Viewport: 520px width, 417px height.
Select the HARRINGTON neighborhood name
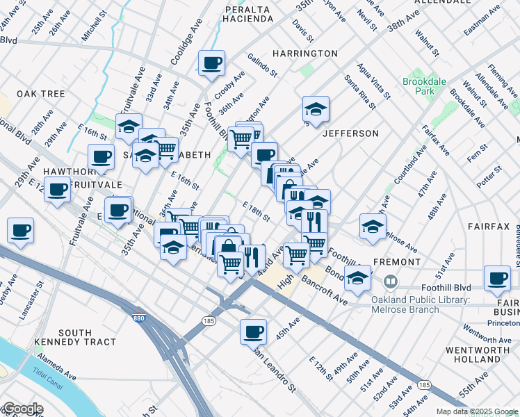[305, 54]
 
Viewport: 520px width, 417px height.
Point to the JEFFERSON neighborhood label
[351, 133]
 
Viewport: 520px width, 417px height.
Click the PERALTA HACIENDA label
[248, 14]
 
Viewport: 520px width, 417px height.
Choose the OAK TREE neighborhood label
[41, 94]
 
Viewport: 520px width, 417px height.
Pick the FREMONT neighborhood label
[398, 262]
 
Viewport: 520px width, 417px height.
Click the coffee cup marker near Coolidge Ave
[211, 63]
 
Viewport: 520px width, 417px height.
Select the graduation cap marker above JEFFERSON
[316, 108]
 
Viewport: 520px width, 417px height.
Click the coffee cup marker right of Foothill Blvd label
[498, 278]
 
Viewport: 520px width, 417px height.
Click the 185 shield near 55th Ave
[423, 384]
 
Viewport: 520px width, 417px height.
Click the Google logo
[22, 409]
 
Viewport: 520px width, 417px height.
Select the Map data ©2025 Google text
[476, 411]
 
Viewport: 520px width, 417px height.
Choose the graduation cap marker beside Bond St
[357, 278]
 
